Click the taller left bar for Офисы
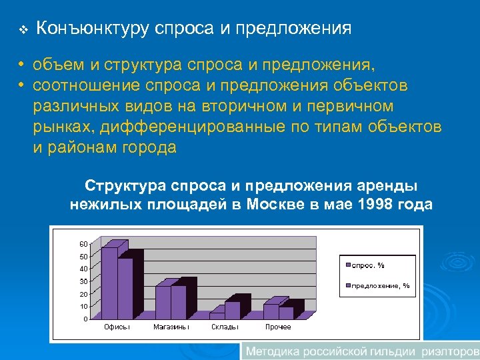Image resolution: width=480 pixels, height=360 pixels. [x=109, y=283]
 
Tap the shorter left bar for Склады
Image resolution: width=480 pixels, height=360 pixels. [x=217, y=315]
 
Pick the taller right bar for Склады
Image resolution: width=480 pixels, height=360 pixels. [x=233, y=310]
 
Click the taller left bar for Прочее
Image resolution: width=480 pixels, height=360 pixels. [x=271, y=311]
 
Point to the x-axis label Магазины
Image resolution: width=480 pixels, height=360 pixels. [x=171, y=327]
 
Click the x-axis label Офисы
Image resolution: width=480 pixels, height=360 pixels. [x=117, y=327]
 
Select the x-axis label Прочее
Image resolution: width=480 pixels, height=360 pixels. [x=278, y=327]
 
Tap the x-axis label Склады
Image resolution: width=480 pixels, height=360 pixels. [x=225, y=327]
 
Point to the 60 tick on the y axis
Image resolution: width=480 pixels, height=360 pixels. [x=83, y=243]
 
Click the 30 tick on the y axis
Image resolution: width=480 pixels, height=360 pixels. [x=83, y=281]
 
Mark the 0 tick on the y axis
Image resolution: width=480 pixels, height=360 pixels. [x=85, y=319]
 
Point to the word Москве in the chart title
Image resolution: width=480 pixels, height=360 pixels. [x=273, y=204]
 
